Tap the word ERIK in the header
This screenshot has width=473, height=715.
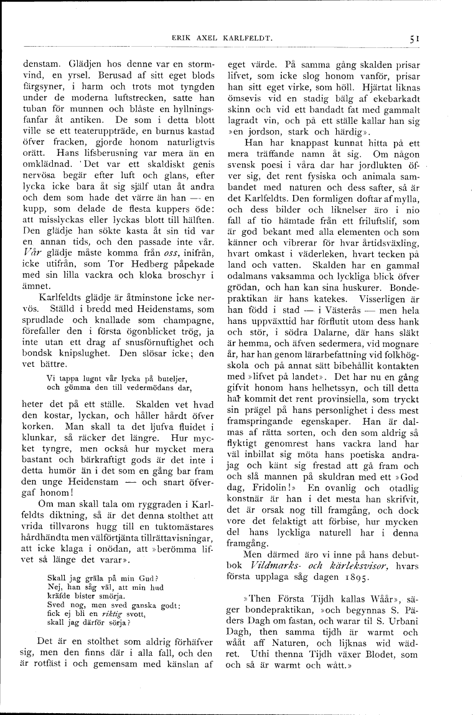180,38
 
